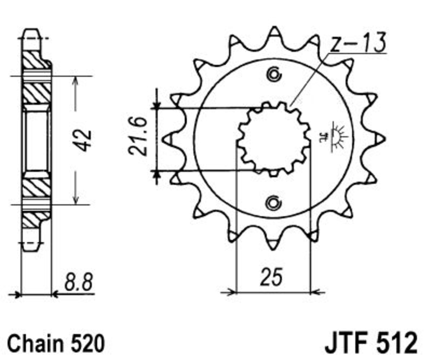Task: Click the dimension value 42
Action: click(x=83, y=140)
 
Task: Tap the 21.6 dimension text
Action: click(x=137, y=136)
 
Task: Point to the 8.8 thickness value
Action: click(x=78, y=282)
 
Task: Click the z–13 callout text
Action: click(x=358, y=43)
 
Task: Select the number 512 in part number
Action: click(x=397, y=343)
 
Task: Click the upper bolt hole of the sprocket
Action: click(x=274, y=74)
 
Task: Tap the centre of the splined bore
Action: click(x=274, y=139)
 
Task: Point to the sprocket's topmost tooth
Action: click(x=274, y=32)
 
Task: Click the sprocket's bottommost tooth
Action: click(x=273, y=244)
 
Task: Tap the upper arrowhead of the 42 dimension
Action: click(x=76, y=81)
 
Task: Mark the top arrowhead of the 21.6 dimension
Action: click(x=157, y=104)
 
